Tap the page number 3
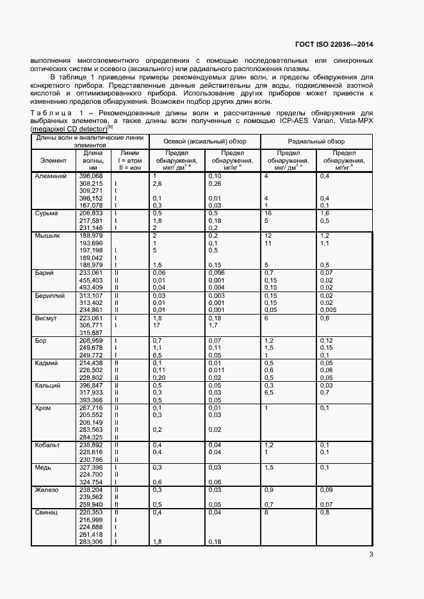click(371, 555)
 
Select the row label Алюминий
click(49, 176)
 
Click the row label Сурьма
click(46, 212)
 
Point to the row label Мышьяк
click(47, 235)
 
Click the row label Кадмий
click(46, 363)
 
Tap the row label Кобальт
click(48, 445)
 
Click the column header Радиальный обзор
click(316, 141)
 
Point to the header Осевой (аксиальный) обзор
click(203, 141)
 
